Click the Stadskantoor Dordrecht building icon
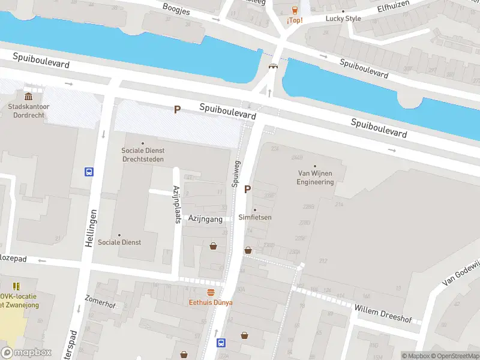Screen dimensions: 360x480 [28, 97]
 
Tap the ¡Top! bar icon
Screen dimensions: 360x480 [294, 10]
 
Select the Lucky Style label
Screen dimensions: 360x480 [343, 18]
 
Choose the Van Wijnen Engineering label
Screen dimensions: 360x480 [315, 178]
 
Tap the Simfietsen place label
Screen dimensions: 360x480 [255, 217]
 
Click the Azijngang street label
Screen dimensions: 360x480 [205, 219]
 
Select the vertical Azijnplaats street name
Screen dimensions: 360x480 [177, 204]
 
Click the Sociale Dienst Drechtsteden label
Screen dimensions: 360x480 [143, 155]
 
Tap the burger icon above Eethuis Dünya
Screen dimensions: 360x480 [211, 292]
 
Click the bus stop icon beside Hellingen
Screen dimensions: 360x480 [89, 172]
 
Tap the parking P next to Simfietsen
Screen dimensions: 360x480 [247, 190]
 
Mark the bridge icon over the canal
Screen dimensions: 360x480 [274, 67]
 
